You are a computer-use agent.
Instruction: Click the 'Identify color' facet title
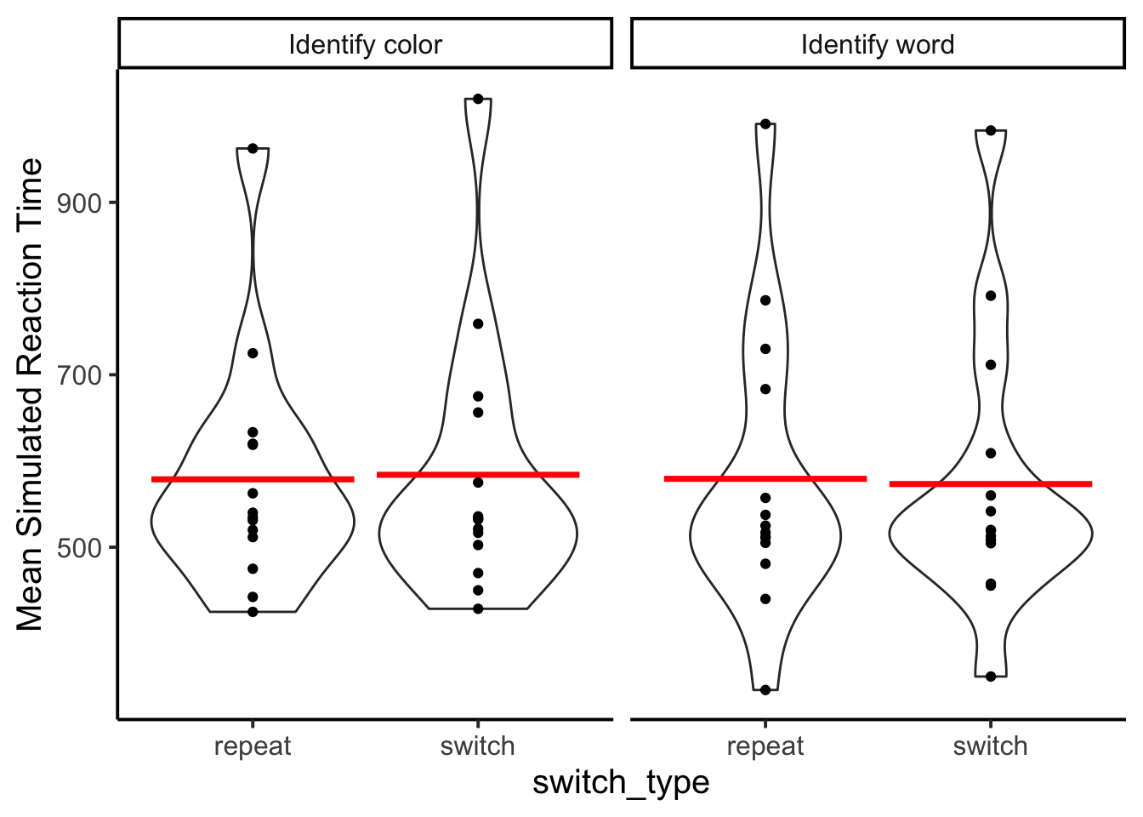(366, 45)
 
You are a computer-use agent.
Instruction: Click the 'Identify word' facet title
(878, 45)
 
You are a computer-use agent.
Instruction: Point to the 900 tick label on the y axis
(80, 204)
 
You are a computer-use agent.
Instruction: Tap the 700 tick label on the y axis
(80, 376)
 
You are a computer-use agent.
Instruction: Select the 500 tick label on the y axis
(80, 548)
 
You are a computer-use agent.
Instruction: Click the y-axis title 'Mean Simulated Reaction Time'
(30, 394)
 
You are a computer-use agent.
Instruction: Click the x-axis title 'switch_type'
(621, 782)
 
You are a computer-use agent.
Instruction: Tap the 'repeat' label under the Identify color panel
(253, 747)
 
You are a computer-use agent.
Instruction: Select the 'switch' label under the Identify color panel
(478, 746)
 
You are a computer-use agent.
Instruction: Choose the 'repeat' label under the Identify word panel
(765, 747)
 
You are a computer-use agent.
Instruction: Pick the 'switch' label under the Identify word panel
(991, 746)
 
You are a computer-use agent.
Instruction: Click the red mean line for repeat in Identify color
(253, 479)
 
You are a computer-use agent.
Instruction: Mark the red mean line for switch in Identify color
(478, 475)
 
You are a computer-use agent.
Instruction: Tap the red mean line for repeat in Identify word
(765, 478)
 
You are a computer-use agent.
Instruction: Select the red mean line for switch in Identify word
(991, 483)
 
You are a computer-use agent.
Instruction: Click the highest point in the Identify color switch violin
(478, 99)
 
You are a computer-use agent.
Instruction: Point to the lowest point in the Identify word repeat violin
(765, 690)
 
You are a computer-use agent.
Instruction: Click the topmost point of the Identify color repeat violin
(253, 149)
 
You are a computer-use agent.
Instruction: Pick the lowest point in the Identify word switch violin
(991, 677)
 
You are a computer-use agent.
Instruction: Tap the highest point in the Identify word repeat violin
(765, 123)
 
